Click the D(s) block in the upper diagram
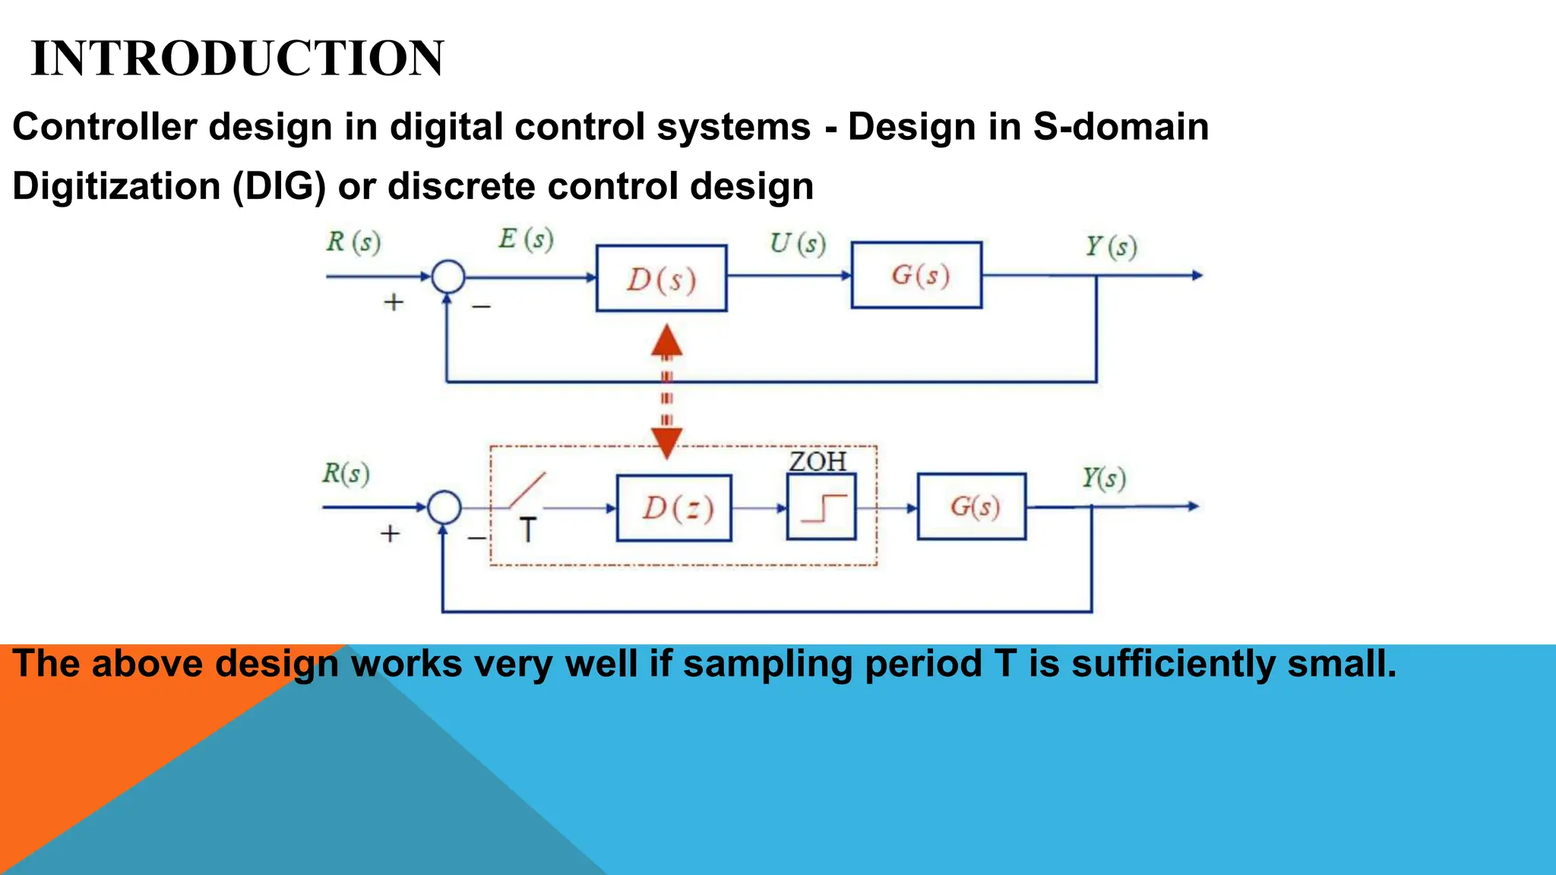coord(661,279)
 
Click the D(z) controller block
coord(674,508)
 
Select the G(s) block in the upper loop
coord(916,275)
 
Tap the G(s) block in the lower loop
coord(972,507)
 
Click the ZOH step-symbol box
coord(821,507)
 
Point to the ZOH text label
coord(818,462)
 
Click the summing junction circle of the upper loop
coord(448,276)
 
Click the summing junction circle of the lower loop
coord(444,507)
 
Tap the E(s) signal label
coord(526,239)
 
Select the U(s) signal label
coord(797,243)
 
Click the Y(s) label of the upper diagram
coord(1110,246)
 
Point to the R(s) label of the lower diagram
coord(346,473)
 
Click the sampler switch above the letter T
coord(527,490)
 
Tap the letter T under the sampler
coord(528,529)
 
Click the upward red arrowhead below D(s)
coord(666,341)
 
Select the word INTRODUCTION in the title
coord(238,58)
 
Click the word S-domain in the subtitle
coord(1120,127)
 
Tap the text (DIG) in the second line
coord(279,186)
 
